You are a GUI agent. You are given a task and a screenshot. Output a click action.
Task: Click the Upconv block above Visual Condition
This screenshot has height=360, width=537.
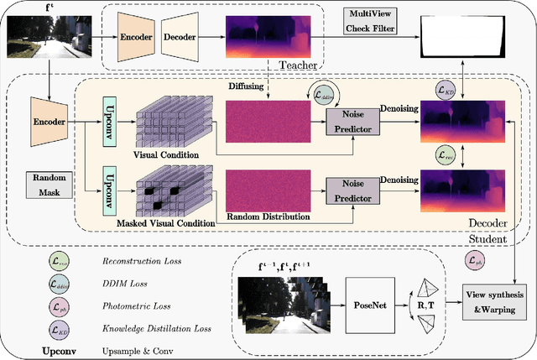coord(107,122)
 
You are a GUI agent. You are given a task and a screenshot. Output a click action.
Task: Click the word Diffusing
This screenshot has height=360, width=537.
coord(246,86)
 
